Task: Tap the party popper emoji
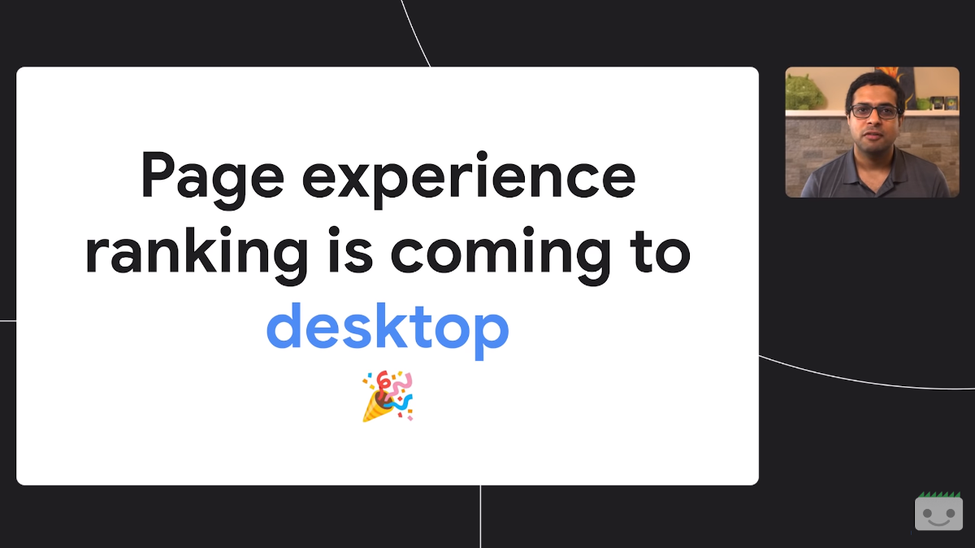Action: (388, 396)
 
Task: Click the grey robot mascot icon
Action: (938, 513)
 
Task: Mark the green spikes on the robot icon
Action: (938, 494)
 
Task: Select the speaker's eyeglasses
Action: (874, 111)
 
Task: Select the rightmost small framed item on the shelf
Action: (951, 102)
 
